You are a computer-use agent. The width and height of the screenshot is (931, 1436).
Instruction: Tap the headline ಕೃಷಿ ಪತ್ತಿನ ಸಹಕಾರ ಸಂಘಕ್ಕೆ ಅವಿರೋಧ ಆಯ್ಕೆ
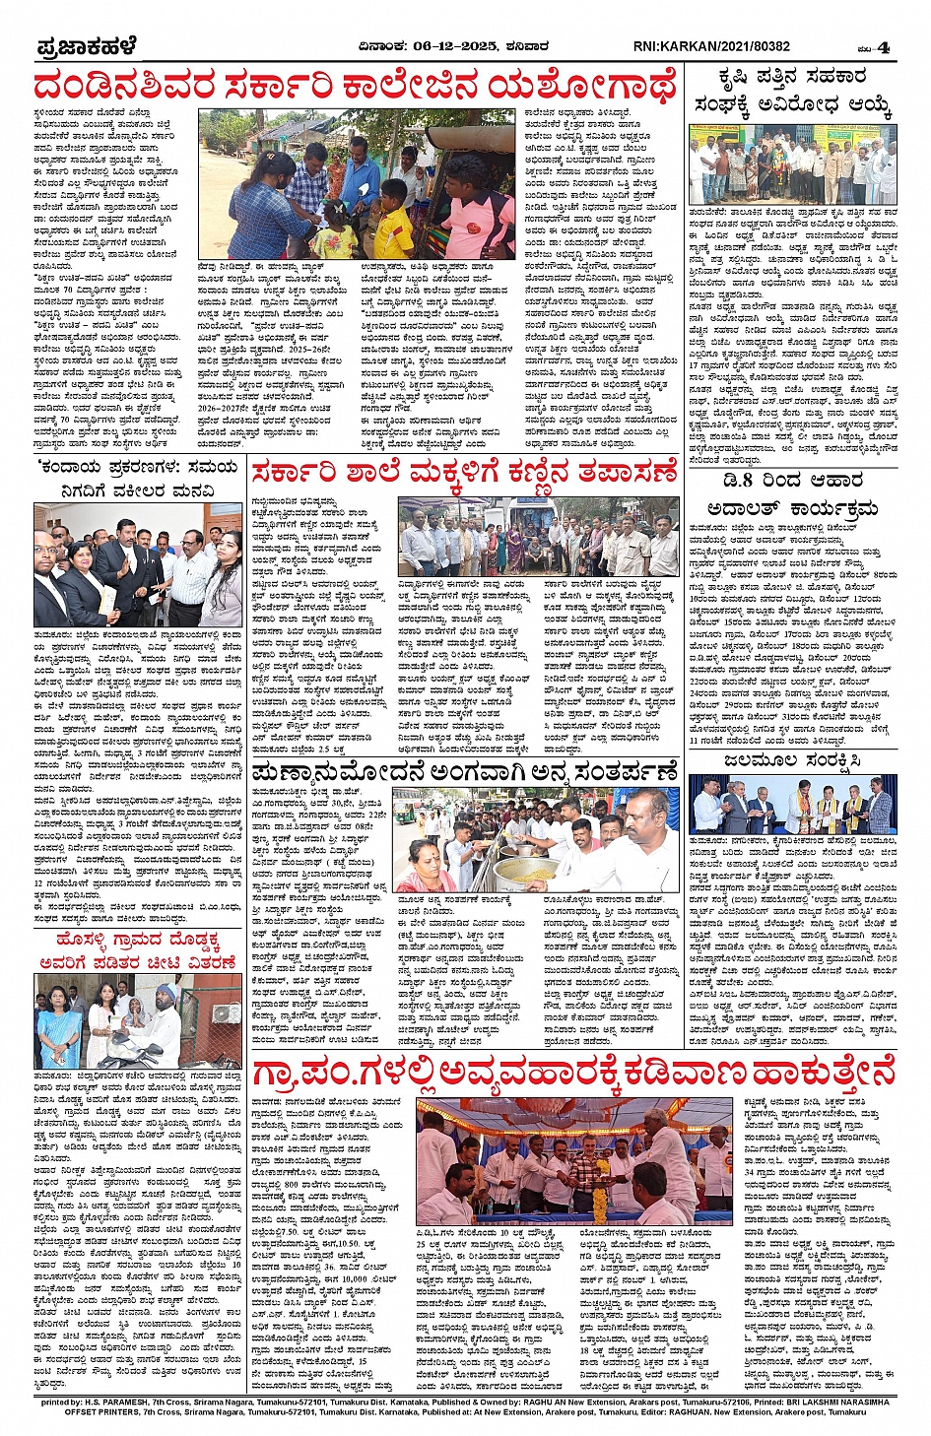792,91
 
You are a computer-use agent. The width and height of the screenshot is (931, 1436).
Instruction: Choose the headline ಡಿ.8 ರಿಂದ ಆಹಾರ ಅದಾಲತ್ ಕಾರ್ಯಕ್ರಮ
792,493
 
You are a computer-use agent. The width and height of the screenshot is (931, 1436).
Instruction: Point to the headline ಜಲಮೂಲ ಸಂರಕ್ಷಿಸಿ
793,760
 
